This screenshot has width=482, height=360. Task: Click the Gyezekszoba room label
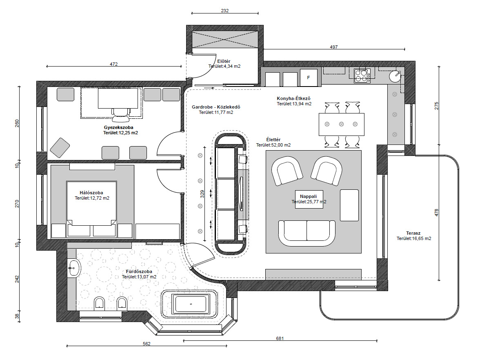pyautogui.click(x=119, y=127)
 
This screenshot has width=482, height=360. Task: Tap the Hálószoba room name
pyautogui.click(x=91, y=193)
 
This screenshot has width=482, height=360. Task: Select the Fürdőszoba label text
pyautogui.click(x=139, y=271)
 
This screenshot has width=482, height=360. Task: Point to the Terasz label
pyautogui.click(x=413, y=233)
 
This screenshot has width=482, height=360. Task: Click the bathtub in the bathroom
pyautogui.click(x=191, y=304)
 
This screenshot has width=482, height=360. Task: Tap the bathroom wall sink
pyautogui.click(x=74, y=269)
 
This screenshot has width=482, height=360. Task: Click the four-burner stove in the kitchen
pyautogui.click(x=362, y=76)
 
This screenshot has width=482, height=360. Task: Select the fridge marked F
pyautogui.click(x=308, y=78)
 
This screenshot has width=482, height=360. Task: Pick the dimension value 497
pyautogui.click(x=333, y=47)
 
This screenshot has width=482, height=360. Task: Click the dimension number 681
pyautogui.click(x=280, y=338)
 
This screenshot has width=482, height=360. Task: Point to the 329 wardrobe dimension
pyautogui.click(x=202, y=194)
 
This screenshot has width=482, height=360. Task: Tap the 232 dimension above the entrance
pyautogui.click(x=225, y=11)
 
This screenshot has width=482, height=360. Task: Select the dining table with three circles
pyautogui.click(x=342, y=124)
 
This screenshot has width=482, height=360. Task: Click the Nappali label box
pyautogui.click(x=309, y=199)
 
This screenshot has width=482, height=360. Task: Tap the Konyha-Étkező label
pyautogui.click(x=293, y=98)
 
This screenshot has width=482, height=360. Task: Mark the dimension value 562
pyautogui.click(x=147, y=344)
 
